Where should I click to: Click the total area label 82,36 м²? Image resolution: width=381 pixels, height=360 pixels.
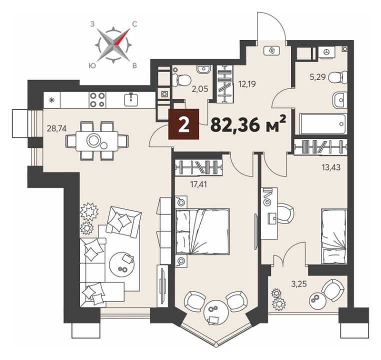pos(248,124)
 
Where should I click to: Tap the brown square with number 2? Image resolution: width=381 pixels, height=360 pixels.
pos(183,124)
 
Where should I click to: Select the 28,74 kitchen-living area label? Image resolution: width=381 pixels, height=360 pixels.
pos(56,128)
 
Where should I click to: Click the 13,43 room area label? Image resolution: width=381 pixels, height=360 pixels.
pos(330,167)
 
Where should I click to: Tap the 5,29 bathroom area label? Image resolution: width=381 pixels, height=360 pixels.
pos(318,78)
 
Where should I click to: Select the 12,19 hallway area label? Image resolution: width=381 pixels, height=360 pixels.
pos(247,84)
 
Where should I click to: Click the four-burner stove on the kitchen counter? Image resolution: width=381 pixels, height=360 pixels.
pos(97,100)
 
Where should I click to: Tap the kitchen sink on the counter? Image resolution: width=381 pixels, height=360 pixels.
pos(131,99)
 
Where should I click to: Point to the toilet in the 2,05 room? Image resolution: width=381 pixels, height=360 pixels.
pos(181,79)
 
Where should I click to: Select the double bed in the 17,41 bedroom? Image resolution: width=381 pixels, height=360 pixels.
pos(202,231)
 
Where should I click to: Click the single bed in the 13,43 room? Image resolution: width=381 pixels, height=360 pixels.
pos(333,236)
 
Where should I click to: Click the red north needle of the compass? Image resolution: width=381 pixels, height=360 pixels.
pos(122,37)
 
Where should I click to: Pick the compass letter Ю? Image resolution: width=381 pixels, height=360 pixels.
pos(92,65)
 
